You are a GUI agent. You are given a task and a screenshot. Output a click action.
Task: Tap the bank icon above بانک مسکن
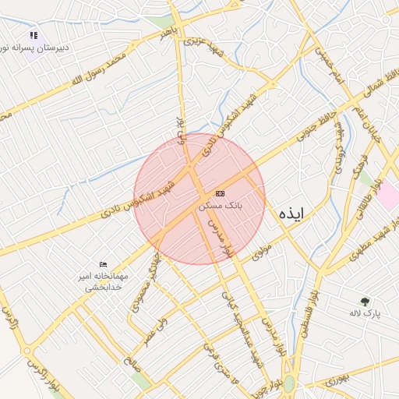[220, 193]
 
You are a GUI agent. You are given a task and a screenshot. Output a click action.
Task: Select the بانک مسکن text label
[221, 207]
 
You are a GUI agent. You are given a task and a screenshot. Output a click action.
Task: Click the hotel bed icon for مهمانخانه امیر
[104, 265]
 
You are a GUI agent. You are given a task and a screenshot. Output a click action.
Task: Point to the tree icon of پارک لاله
[365, 301]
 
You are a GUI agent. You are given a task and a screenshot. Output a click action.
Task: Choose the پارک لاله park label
[365, 312]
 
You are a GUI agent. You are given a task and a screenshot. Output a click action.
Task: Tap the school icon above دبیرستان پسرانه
[34, 36]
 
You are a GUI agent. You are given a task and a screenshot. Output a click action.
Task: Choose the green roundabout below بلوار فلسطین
[289, 384]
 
